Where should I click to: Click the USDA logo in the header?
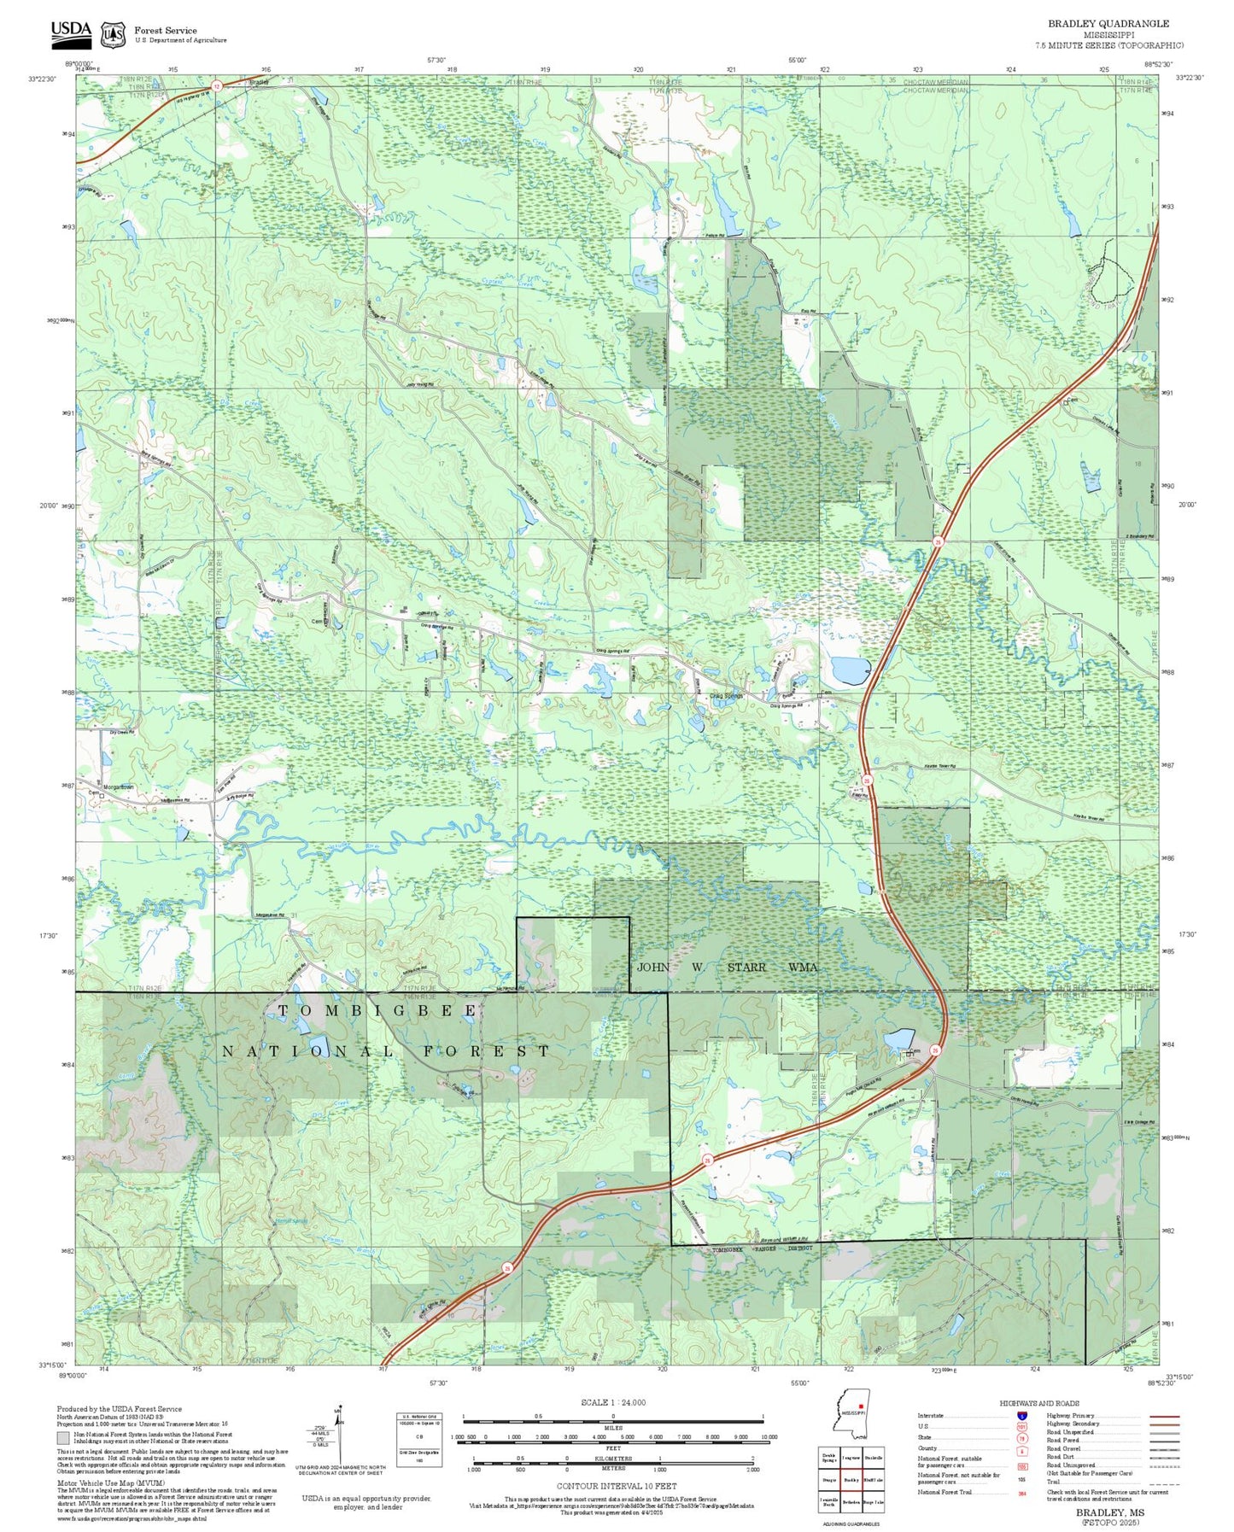click(70, 32)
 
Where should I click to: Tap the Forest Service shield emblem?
click(113, 34)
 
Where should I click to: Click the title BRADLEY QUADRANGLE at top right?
click(1108, 24)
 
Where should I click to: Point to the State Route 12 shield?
click(217, 85)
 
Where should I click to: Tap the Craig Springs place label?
click(726, 696)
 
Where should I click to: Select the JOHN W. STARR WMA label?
click(728, 967)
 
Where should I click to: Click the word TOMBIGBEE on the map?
click(377, 1011)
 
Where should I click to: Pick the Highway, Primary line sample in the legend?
click(1164, 1416)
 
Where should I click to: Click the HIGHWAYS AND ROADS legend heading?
click(1038, 1403)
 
